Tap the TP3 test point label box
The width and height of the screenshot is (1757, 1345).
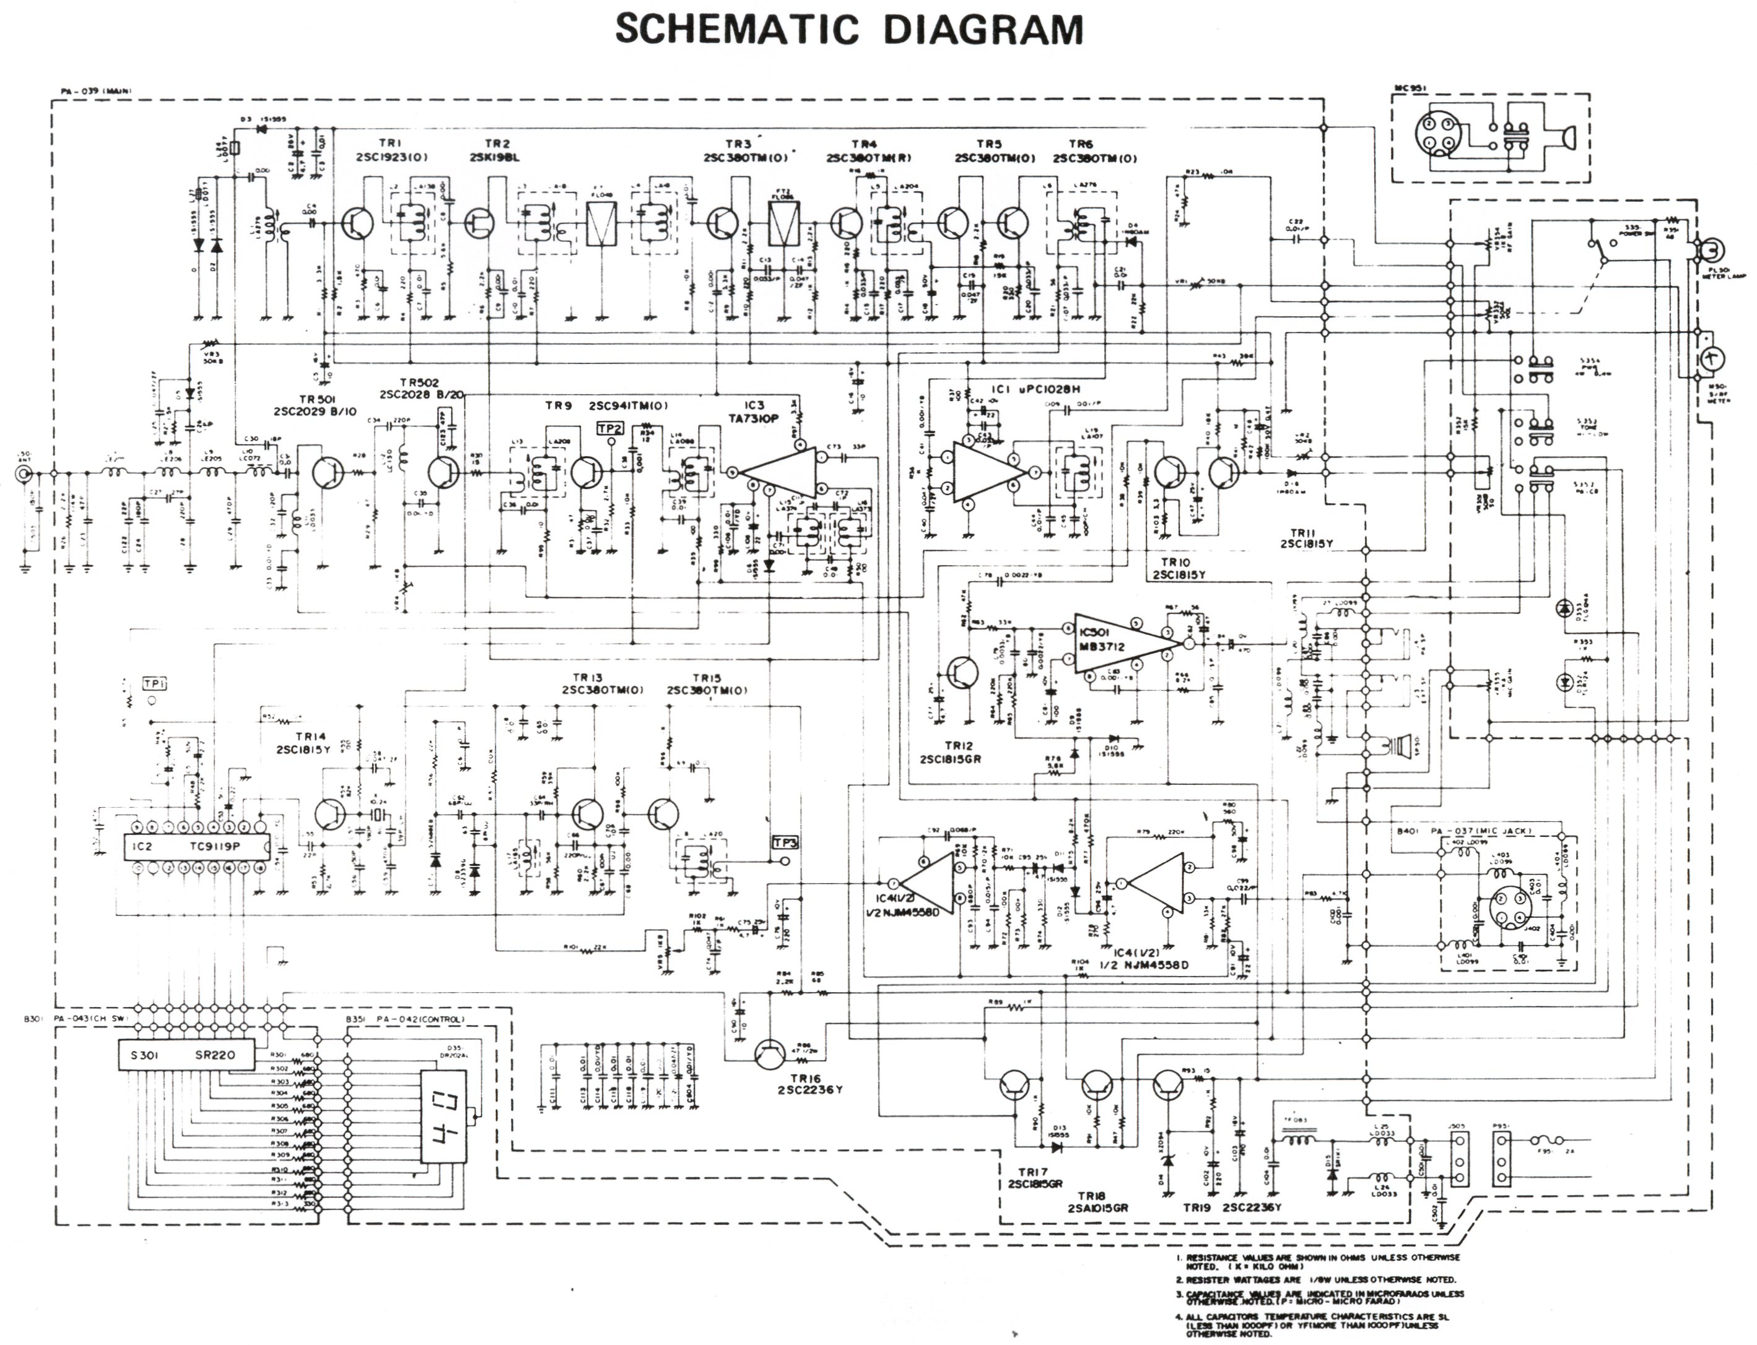[x=784, y=842]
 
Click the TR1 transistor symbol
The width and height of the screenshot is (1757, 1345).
[x=355, y=223]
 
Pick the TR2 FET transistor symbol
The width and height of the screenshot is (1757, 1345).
[x=481, y=223]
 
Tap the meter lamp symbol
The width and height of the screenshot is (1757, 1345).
[x=1707, y=251]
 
